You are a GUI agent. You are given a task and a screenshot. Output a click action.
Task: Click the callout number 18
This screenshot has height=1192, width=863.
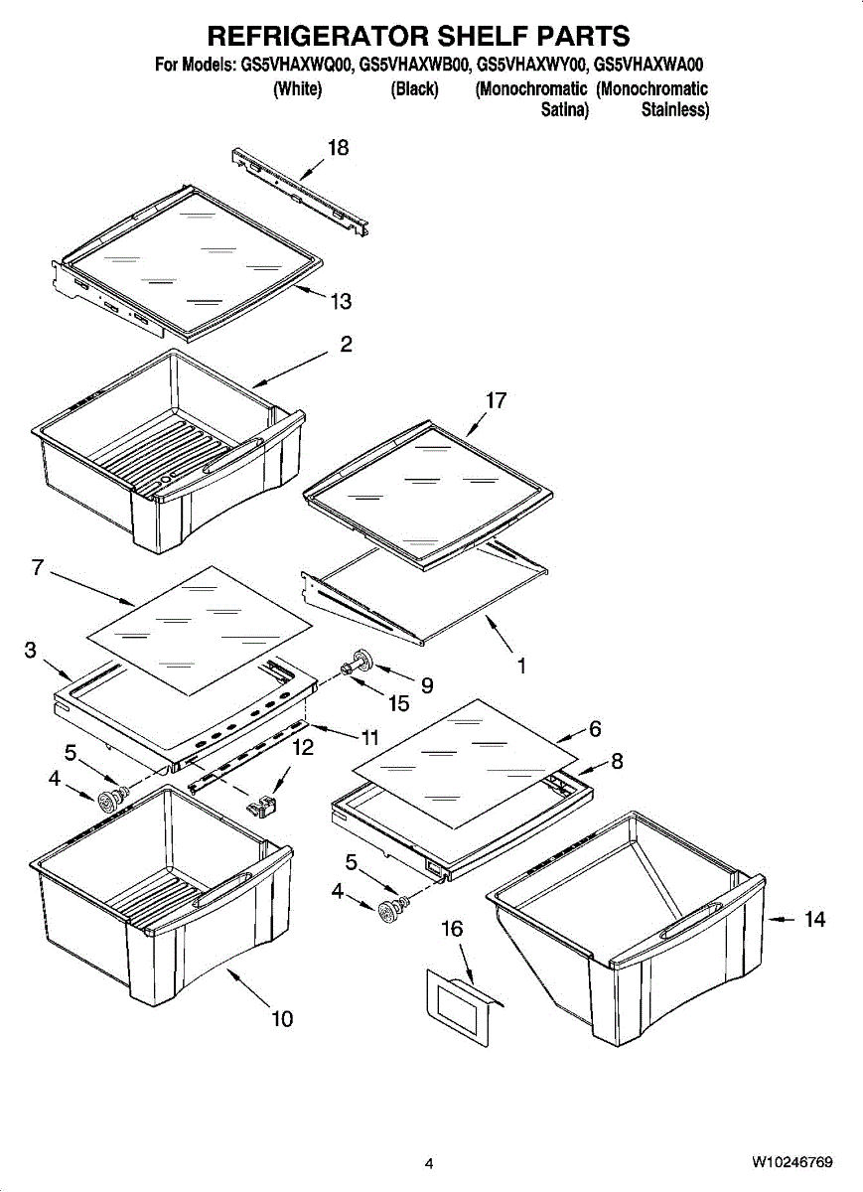click(x=338, y=148)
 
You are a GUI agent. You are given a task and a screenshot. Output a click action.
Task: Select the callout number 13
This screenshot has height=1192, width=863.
click(x=341, y=301)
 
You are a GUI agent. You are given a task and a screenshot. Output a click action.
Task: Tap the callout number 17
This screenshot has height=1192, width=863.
click(x=496, y=400)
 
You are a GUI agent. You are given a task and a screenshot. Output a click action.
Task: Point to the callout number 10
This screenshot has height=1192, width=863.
click(x=282, y=1018)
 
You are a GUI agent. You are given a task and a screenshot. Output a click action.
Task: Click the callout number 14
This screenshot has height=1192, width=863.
click(x=814, y=920)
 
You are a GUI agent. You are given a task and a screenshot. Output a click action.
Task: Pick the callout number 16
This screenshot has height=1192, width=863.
click(x=452, y=929)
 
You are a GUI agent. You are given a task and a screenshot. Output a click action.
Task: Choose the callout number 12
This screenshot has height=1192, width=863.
click(x=304, y=748)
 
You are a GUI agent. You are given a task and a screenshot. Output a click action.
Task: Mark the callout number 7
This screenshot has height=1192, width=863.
click(x=38, y=568)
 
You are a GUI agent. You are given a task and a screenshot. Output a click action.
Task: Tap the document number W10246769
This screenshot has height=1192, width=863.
click(x=791, y=1162)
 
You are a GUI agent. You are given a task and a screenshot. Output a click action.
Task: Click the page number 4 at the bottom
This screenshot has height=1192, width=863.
click(x=429, y=1163)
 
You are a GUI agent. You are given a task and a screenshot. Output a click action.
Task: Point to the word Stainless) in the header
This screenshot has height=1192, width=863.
click(x=675, y=110)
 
